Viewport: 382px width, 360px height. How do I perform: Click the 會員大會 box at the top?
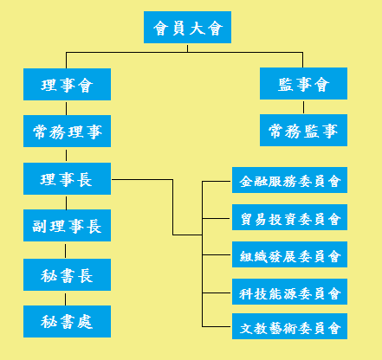point(187,27)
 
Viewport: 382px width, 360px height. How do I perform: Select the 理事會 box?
point(67,84)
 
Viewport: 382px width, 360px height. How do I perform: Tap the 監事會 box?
point(303,83)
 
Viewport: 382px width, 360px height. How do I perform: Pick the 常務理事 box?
point(67,131)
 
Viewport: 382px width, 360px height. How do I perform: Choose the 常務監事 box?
point(303,130)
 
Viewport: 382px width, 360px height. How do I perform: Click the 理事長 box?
point(67,178)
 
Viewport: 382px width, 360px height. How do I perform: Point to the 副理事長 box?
point(67,225)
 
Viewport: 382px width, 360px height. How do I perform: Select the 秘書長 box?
point(67,274)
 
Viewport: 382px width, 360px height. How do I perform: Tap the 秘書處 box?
point(67,321)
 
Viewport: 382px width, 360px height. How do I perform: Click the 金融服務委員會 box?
point(289,180)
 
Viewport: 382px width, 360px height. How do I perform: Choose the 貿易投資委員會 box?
point(289,217)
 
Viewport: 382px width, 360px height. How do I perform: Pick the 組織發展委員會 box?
point(289,254)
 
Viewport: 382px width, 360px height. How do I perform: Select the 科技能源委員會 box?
point(289,292)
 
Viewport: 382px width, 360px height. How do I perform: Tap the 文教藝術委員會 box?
point(289,326)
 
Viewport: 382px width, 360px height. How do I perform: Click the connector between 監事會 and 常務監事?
point(303,107)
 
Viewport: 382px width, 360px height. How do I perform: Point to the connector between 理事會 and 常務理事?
point(66,108)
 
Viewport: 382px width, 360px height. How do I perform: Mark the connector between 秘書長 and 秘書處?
point(65,299)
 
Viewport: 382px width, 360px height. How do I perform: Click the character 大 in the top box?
point(197,28)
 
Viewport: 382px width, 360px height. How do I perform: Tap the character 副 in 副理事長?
point(39,226)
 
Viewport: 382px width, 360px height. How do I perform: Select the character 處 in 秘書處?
point(85,322)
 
